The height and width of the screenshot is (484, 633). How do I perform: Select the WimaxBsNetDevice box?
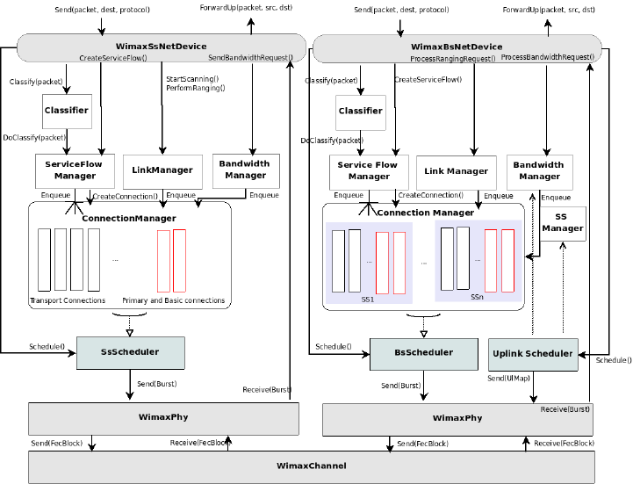(x=457, y=47)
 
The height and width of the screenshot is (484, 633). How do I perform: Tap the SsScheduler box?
(x=130, y=352)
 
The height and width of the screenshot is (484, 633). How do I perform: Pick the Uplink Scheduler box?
(x=532, y=354)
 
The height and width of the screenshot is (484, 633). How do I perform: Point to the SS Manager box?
(x=563, y=223)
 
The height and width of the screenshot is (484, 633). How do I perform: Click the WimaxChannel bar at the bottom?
(x=312, y=466)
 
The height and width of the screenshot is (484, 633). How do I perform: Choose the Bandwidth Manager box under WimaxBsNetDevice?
(x=539, y=170)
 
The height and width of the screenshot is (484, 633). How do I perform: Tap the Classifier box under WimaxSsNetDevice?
(x=68, y=111)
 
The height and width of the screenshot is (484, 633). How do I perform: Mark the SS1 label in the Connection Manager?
(x=367, y=299)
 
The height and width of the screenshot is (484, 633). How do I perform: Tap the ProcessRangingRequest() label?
(x=453, y=58)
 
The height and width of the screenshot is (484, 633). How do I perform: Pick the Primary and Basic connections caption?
(x=173, y=300)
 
